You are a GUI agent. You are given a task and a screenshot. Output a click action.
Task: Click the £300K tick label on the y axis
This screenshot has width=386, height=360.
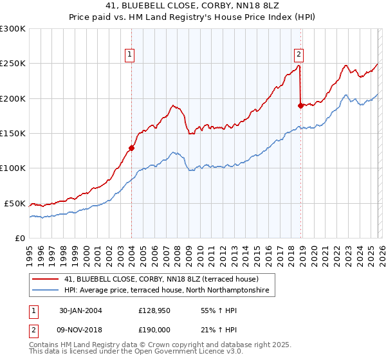(13, 29)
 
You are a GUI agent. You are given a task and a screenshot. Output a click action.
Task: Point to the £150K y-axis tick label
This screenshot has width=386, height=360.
(13, 134)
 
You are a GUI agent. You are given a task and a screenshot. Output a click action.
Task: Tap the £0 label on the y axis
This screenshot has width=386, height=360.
(21, 238)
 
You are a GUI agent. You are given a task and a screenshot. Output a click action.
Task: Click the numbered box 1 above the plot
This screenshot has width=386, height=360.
(130, 55)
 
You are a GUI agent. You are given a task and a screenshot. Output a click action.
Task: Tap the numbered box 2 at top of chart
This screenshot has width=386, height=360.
(300, 55)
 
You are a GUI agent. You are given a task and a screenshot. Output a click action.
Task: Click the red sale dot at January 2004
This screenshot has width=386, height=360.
(131, 148)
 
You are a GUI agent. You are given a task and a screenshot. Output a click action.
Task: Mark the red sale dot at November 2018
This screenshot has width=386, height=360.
(300, 105)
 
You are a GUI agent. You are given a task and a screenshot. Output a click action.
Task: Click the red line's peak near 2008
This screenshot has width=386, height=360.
(173, 105)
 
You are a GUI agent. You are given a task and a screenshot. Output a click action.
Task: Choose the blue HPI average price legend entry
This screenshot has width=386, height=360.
(169, 291)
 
